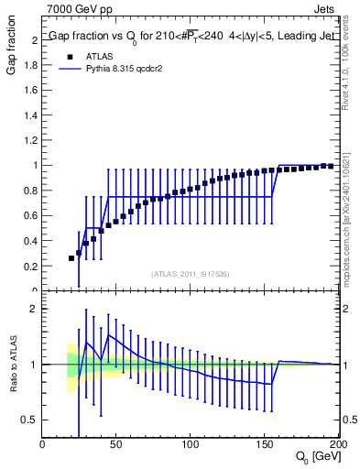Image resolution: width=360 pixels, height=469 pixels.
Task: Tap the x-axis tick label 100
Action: click(191, 444)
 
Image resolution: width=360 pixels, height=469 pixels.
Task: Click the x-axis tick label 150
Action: click(265, 444)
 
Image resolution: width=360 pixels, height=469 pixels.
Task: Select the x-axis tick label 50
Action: click(116, 444)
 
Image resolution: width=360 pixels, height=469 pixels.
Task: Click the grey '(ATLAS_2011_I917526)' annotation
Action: click(190, 273)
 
